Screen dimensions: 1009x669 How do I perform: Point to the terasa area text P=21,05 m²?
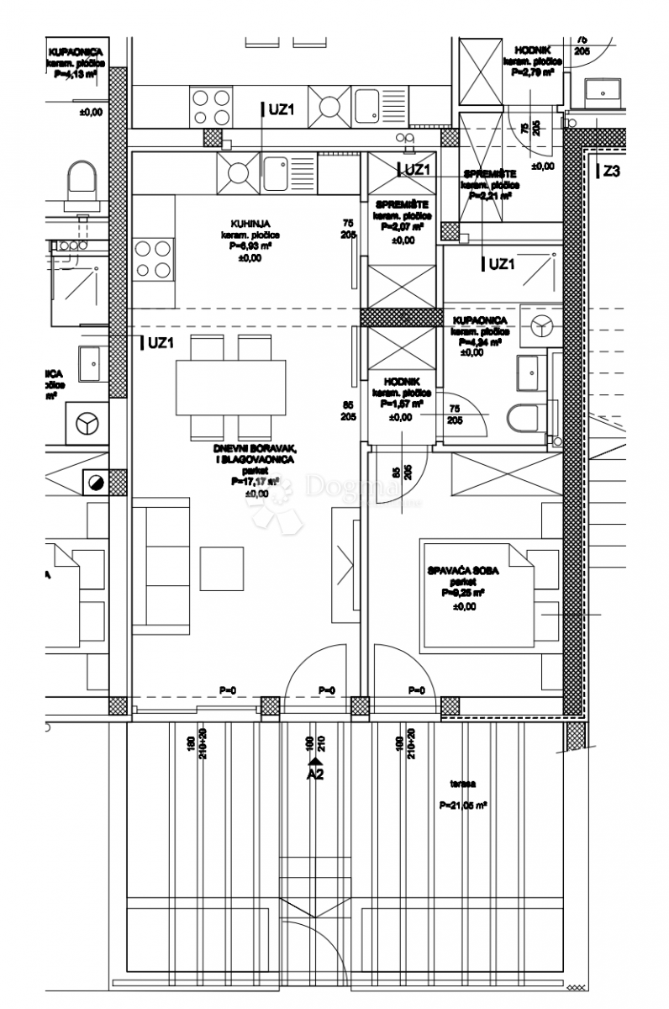464,805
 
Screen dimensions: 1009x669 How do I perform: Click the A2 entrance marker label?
314,774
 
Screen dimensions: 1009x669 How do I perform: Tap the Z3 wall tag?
611,172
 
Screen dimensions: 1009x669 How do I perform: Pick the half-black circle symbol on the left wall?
95,483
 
